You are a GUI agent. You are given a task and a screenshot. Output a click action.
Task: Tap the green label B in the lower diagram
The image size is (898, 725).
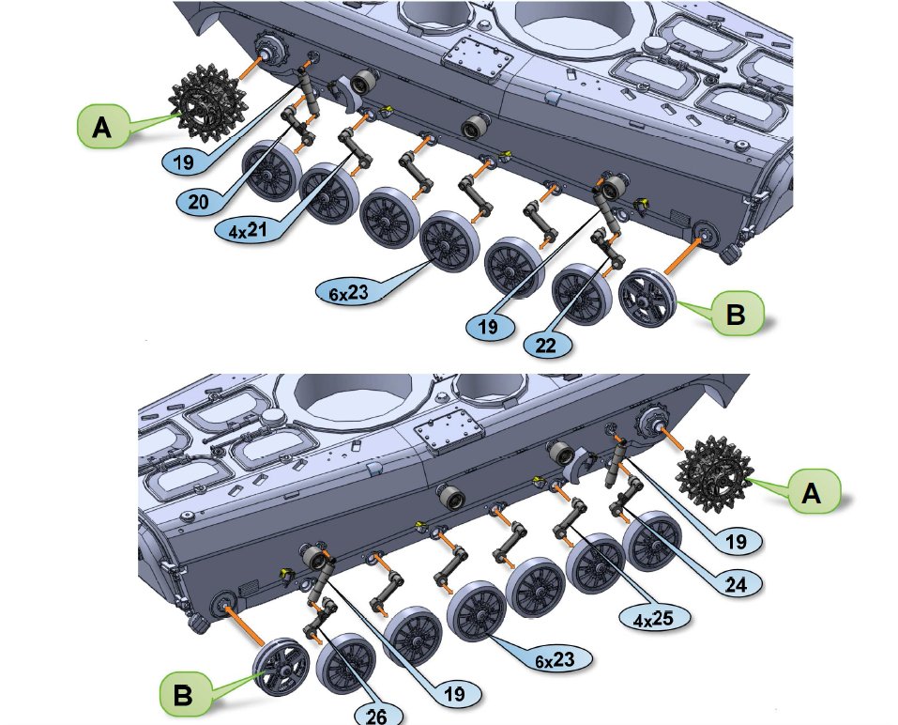coord(185,694)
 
